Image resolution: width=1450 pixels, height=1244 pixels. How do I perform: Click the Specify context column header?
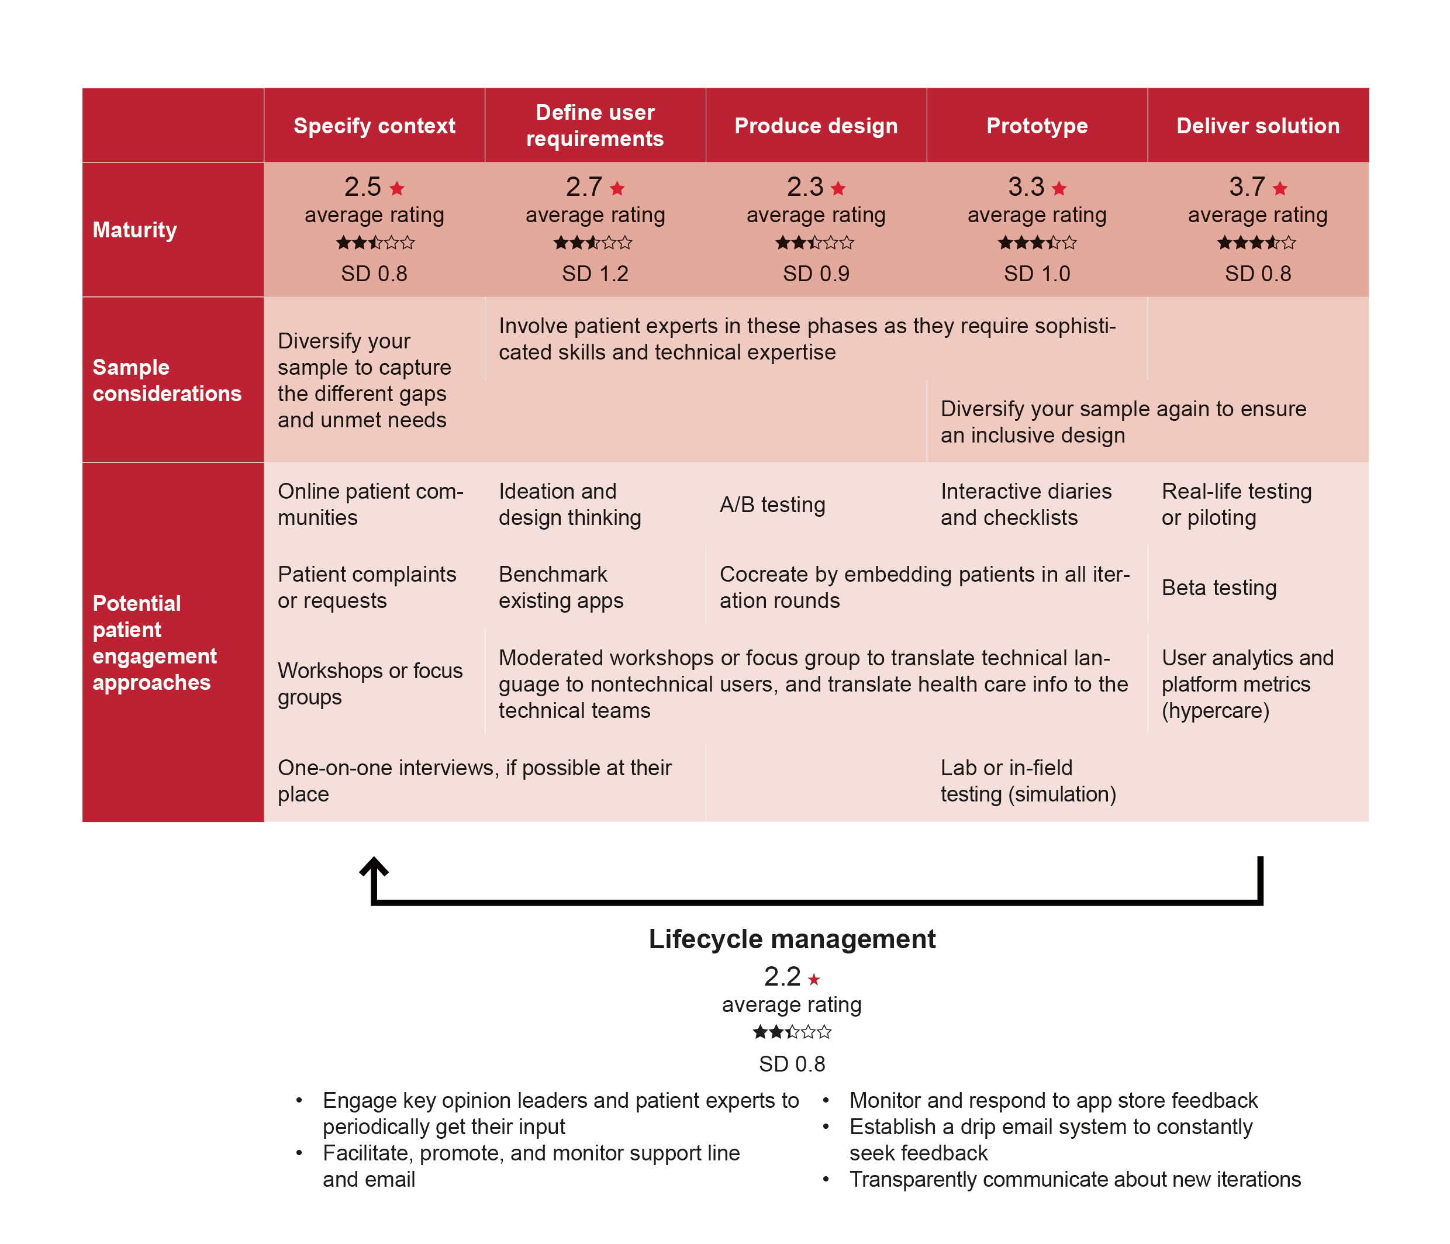point(374,126)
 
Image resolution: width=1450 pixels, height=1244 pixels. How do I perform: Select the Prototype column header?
point(1037,126)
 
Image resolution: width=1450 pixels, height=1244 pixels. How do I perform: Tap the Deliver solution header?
point(1258,126)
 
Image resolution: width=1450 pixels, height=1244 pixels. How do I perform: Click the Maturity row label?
point(135,230)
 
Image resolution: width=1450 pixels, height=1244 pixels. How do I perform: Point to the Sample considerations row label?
point(167,380)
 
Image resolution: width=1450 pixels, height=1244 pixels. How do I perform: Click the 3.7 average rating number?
point(1247,187)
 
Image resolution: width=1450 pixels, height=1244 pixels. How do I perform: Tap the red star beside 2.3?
point(838,188)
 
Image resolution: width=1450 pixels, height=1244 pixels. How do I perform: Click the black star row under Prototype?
point(1037,243)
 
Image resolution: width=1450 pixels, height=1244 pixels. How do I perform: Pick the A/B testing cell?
point(772,504)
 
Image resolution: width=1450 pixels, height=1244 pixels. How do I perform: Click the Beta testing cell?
point(1219,588)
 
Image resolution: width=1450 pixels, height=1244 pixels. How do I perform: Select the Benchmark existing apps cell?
point(561,587)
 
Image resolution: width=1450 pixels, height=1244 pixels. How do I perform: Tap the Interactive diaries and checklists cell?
point(1026,504)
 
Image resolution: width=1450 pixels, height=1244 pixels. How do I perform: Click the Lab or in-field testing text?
point(1028,781)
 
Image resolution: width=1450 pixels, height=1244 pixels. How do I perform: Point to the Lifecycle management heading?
point(792,939)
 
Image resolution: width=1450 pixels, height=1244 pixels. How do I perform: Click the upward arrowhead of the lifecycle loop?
point(374,866)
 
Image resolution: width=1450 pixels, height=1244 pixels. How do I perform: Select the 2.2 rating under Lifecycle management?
point(782,976)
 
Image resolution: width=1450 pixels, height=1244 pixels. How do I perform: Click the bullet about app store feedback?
point(1053,1101)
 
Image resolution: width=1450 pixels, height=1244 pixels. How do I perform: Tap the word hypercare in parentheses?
point(1216,711)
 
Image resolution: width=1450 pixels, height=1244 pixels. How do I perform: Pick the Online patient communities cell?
point(371,504)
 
